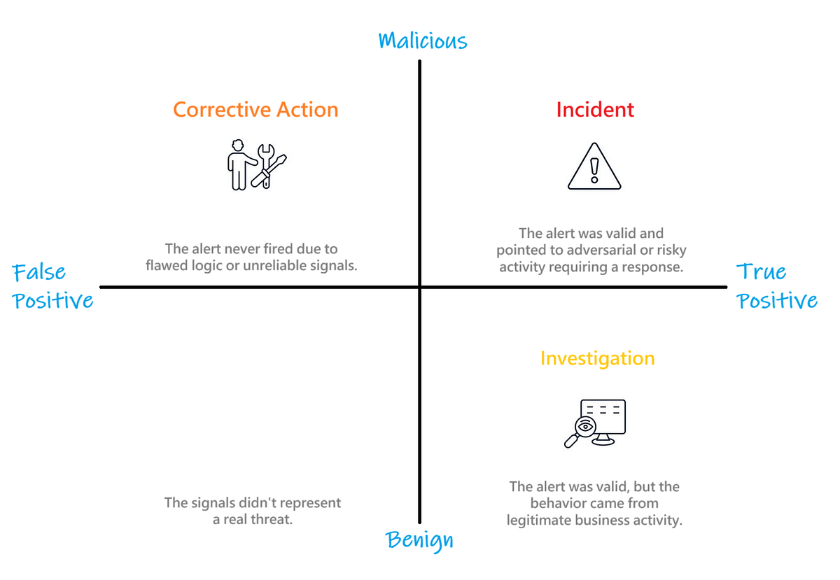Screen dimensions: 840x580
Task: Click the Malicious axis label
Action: pos(423,41)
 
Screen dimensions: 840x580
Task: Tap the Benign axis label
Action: pos(419,541)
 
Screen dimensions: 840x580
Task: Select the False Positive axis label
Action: pos(52,286)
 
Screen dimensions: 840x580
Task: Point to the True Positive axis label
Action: pos(776,285)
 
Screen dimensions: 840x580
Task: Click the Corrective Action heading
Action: pos(255,109)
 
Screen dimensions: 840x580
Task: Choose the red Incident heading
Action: pos(595,109)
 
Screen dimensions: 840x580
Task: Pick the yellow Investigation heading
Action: pos(597,358)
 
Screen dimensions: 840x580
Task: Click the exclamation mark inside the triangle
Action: pos(594,171)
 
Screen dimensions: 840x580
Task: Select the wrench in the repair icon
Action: pos(266,165)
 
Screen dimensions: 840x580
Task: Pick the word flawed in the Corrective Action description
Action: pos(167,265)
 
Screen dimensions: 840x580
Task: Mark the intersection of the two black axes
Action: pos(419,287)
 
